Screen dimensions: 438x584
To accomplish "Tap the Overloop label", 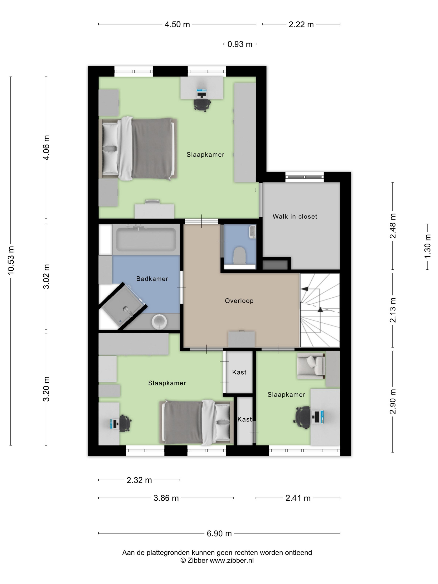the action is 239,301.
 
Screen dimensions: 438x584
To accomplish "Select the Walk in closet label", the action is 295,216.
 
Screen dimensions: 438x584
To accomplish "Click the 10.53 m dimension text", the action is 11,260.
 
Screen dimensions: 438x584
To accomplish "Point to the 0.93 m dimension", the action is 240,44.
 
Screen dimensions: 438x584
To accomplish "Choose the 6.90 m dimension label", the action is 219,534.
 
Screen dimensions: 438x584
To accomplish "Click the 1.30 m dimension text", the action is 427,246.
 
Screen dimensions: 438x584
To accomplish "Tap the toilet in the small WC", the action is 240,255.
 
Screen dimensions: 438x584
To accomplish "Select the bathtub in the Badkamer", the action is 146,240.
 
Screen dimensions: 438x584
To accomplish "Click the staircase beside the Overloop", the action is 320,310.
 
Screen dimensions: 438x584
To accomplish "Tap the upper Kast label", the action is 239,372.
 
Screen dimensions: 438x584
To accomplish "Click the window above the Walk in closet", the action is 304,177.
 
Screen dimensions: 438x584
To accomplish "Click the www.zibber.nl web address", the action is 232,560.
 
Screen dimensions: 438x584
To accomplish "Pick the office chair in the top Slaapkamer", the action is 202,105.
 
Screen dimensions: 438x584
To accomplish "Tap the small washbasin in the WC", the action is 253,232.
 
